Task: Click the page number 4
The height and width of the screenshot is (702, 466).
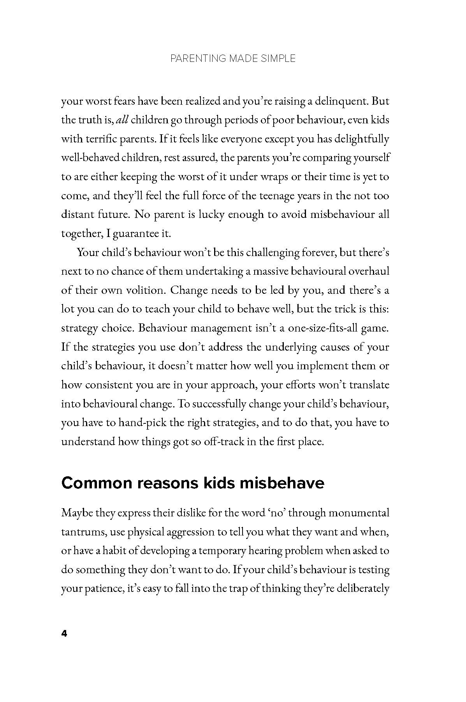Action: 64,634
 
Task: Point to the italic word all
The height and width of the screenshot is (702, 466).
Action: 122,120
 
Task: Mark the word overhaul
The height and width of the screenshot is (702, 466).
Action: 368,271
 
